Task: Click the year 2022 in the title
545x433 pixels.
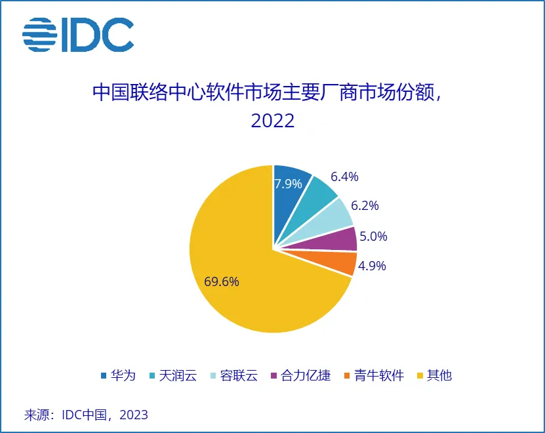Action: tap(272, 121)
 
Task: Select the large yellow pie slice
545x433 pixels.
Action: tap(249, 289)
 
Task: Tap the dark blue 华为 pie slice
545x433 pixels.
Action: tap(289, 197)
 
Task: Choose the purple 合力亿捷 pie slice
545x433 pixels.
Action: tap(344, 239)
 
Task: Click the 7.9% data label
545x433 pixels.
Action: tap(289, 184)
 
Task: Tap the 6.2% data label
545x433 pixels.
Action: tap(365, 205)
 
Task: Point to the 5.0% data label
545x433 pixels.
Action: tap(374, 236)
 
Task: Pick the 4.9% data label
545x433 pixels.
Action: tap(373, 266)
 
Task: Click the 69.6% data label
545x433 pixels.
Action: tap(222, 282)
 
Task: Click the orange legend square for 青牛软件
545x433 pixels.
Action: tap(348, 376)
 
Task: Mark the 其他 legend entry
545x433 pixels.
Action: tap(435, 376)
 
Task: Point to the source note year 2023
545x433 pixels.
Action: tap(134, 415)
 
